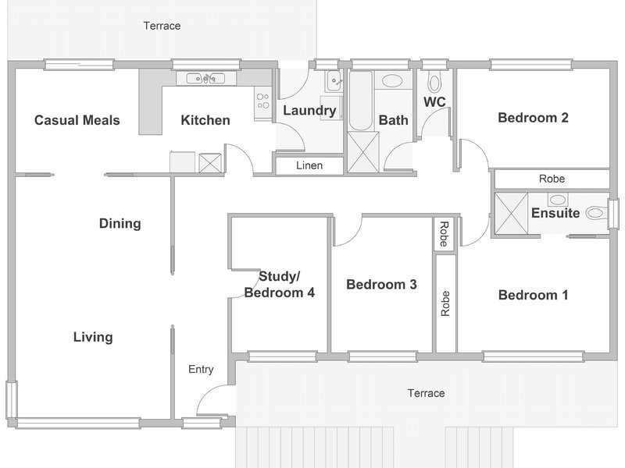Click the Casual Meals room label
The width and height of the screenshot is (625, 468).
(77, 120)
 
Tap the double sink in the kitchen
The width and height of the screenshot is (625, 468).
(206, 79)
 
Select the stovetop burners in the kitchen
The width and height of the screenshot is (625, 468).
(262, 101)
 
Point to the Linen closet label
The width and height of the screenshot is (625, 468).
(309, 165)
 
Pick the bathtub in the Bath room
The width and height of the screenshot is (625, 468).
(361, 101)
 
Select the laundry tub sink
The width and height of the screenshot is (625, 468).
(334, 82)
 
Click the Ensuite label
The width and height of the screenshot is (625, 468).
(555, 213)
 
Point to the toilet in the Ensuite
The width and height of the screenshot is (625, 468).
(597, 213)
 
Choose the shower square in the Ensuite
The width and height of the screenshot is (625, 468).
(512, 213)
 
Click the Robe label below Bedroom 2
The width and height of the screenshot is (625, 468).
(552, 179)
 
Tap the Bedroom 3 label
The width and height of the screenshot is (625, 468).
(381, 285)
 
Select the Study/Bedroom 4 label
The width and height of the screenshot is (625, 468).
(280, 285)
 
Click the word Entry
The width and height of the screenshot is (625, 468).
(201, 369)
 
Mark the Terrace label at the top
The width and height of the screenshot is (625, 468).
(162, 26)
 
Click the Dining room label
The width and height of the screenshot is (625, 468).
(120, 224)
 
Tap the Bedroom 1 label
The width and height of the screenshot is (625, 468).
(534, 295)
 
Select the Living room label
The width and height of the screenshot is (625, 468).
(93, 337)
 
